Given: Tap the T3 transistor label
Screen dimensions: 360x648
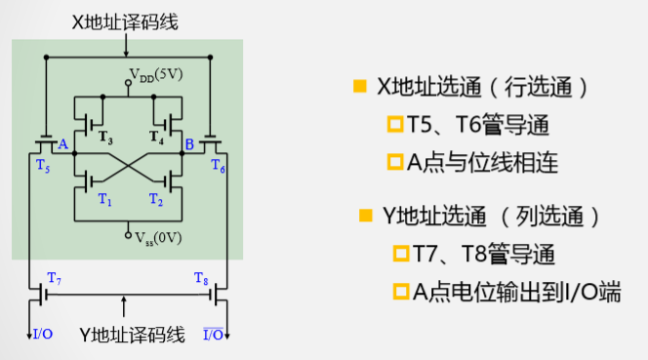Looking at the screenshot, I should click(x=104, y=137).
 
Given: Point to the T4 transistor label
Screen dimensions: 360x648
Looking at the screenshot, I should click(x=156, y=137).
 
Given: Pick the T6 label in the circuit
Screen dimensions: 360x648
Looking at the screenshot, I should click(x=218, y=165).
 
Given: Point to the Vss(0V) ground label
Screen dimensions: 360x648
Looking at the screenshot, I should click(x=154, y=237).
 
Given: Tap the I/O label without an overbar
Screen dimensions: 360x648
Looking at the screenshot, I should click(x=44, y=335).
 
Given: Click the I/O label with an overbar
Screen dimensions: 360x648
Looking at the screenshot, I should click(x=213, y=335).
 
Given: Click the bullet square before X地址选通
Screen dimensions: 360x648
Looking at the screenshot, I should click(x=359, y=87).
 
